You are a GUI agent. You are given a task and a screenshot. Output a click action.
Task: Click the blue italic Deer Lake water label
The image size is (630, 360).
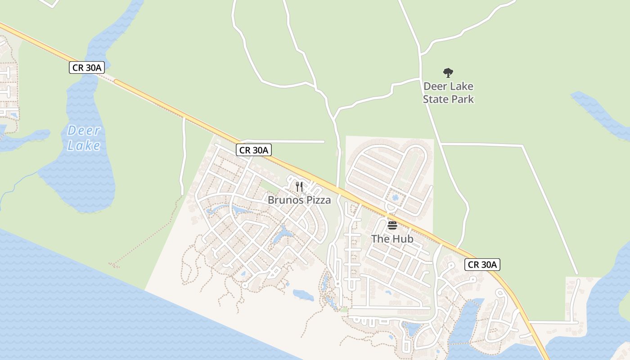[x=84, y=138]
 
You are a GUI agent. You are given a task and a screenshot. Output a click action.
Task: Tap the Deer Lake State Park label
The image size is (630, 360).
[x=448, y=92]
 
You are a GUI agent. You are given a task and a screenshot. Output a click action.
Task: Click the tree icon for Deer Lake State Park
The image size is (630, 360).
[x=448, y=72]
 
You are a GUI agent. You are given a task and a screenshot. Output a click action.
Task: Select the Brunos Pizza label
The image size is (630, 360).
[x=299, y=200]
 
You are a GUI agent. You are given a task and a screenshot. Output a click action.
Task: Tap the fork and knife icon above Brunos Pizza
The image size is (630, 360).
[x=299, y=186]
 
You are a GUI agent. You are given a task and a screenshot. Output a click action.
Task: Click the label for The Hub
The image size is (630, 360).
[x=392, y=239]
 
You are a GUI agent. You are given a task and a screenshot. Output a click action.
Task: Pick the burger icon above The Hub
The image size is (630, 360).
[x=392, y=225]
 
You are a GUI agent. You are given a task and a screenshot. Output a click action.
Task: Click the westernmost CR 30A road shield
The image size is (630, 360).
[x=87, y=68]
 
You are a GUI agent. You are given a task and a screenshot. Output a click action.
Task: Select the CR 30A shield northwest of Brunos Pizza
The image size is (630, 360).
[x=254, y=150]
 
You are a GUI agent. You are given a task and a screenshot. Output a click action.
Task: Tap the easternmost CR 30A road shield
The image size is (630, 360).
[x=482, y=265]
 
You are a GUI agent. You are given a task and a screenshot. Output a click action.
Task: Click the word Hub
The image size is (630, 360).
[x=402, y=239]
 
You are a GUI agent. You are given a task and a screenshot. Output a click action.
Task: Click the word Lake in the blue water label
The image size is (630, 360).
[x=84, y=145]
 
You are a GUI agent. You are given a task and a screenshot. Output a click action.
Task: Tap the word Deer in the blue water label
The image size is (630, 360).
[x=84, y=130]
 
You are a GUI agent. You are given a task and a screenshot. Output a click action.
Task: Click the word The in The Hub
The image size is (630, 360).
[x=380, y=239]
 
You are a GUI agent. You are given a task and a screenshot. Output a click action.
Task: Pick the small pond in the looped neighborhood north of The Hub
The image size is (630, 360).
[x=395, y=198]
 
